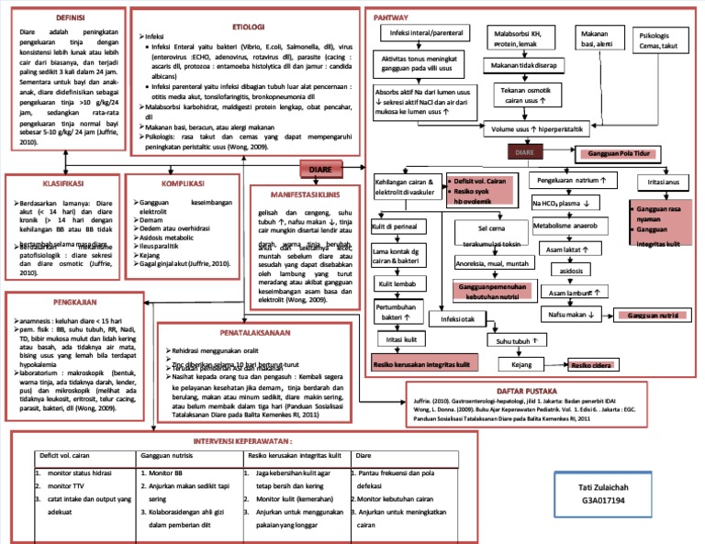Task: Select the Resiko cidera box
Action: click(590, 365)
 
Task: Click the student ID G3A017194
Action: click(602, 501)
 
